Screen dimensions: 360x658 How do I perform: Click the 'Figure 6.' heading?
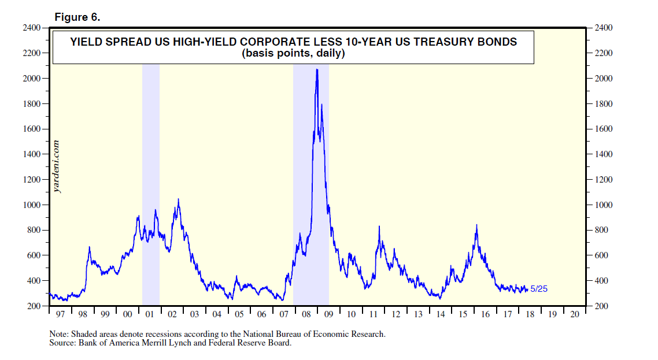pos(77,17)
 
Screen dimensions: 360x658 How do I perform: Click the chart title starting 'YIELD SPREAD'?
pos(293,42)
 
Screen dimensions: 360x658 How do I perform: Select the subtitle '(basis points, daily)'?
pos(293,54)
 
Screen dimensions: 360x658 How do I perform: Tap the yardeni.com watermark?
pos(57,165)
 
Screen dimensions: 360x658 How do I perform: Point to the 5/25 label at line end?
pos(539,289)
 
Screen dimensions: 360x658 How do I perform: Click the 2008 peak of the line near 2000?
pos(317,70)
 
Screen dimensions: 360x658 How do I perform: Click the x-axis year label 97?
pos(61,315)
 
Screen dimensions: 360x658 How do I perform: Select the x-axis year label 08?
pos(306,315)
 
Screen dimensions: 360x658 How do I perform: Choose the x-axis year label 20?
pos(574,315)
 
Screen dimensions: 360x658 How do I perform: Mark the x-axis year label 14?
pos(441,315)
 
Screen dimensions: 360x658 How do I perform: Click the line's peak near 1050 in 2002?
pos(178,199)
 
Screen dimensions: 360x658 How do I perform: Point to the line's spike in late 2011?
pos(379,227)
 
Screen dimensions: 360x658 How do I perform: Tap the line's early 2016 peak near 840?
pos(476,225)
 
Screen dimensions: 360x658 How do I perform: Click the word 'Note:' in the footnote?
pos(59,334)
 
